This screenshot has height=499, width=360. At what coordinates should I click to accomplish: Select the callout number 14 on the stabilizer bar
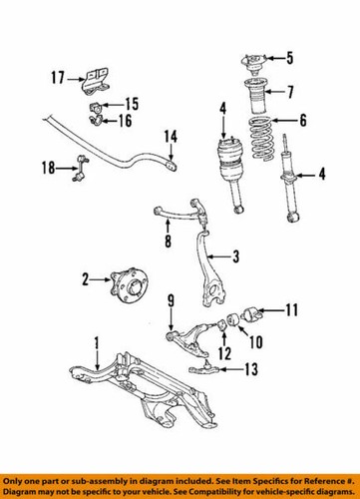point(171,136)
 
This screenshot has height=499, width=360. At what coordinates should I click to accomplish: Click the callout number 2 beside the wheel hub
point(87,279)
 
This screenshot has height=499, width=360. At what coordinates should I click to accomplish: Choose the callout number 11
point(292,310)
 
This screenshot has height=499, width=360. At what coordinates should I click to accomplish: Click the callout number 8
point(168,240)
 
